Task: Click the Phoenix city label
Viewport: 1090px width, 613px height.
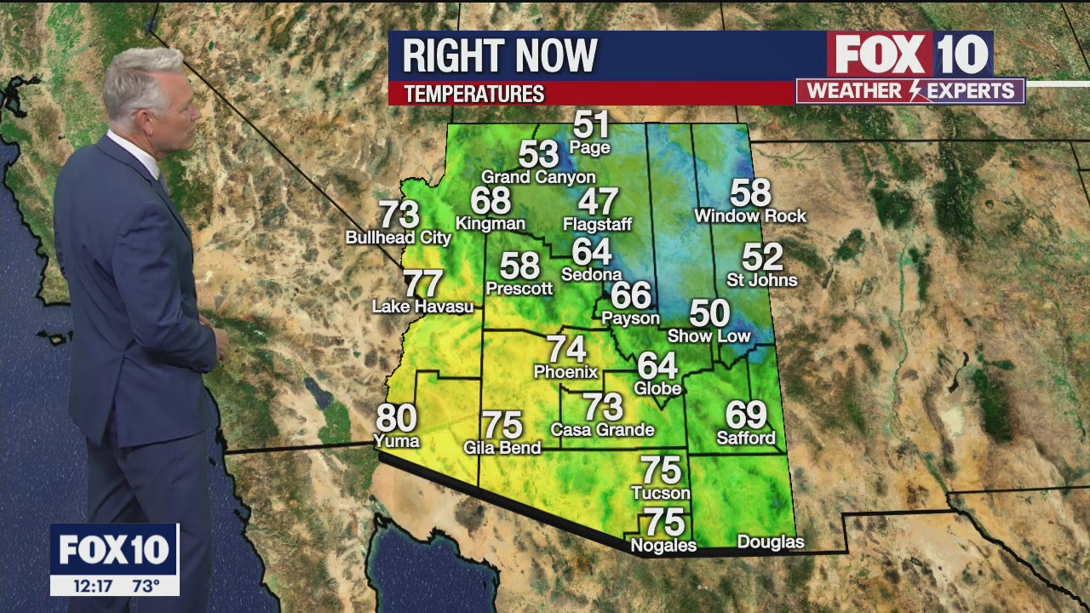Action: pos(565,372)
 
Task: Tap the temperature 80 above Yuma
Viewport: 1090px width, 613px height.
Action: pos(397,418)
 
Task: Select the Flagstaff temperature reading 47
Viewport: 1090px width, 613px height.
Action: pos(598,202)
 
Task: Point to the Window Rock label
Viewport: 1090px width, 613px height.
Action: pos(749,216)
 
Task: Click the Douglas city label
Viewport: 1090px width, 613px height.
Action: pos(770,542)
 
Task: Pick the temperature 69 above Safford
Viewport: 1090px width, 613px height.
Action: pos(746,415)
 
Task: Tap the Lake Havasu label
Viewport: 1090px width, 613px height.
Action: pos(422,306)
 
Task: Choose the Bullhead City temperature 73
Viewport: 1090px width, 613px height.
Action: pos(399,214)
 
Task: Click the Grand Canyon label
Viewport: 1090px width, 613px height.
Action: pos(538,177)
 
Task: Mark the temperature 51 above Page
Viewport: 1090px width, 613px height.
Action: pos(592,125)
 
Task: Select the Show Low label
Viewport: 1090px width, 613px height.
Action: pos(708,336)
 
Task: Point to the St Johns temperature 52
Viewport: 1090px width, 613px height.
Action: pos(762,257)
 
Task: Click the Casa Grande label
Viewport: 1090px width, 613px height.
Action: pos(602,430)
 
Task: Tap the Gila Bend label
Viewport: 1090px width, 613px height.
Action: pos(502,448)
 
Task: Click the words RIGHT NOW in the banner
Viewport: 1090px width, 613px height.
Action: pos(500,56)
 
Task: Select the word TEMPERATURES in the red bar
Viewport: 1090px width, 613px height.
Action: pos(474,94)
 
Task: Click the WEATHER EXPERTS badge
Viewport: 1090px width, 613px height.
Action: pos(909,91)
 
